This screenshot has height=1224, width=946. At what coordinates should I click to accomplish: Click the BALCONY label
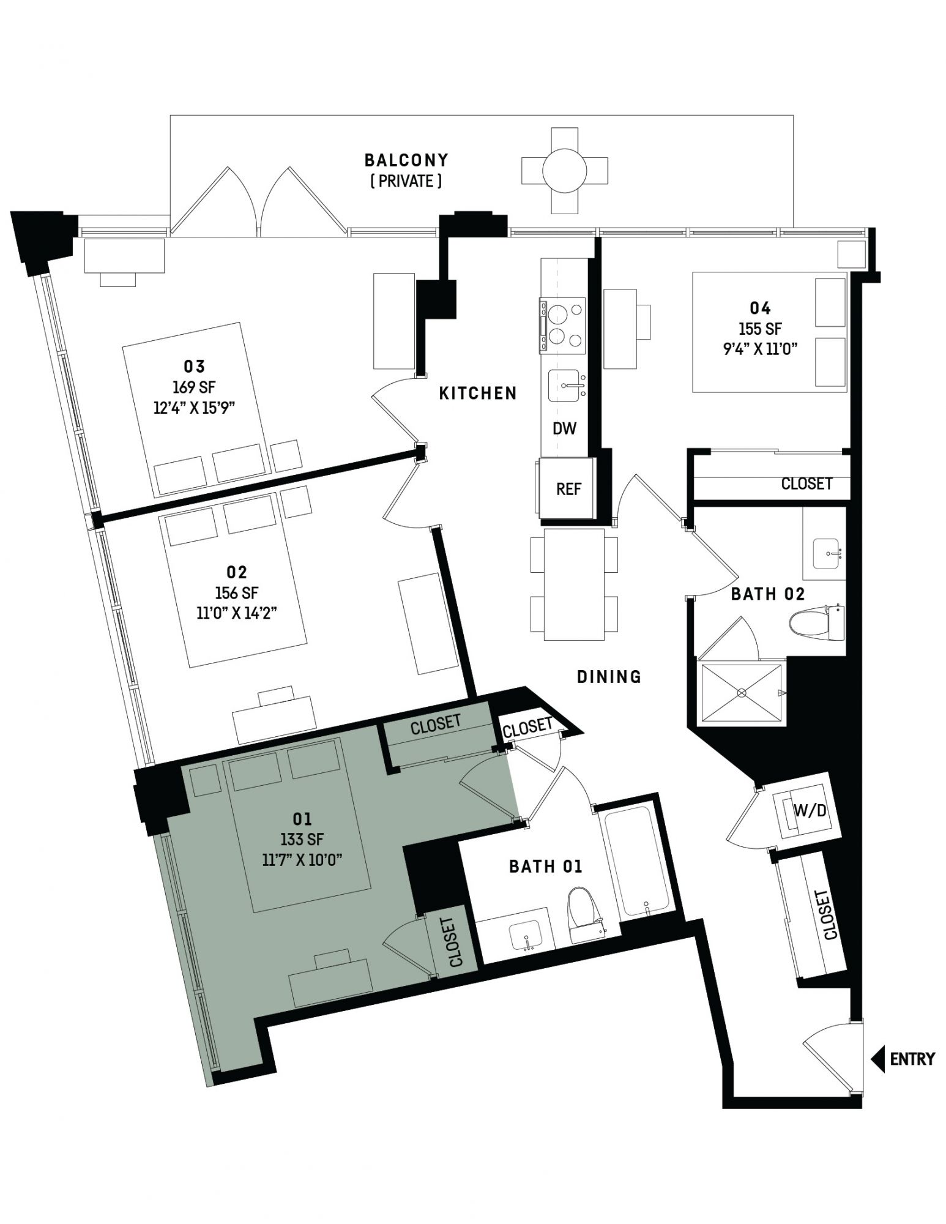pos(406,160)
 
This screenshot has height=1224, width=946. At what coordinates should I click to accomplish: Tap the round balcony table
pos(564,170)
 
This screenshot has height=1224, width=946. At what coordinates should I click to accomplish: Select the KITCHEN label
pos(478,393)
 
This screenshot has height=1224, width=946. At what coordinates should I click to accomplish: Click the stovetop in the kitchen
pos(562,325)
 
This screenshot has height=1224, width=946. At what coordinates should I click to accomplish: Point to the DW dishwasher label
pos(564,428)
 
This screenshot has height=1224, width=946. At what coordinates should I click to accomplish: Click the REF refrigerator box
pos(567,488)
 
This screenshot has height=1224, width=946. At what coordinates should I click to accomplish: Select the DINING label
pos(609,676)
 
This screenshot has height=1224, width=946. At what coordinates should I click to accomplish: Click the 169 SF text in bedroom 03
pos(194,387)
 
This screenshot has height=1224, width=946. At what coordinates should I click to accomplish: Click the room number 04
pos(760,308)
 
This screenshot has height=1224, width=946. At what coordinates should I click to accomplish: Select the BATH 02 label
pos(768,594)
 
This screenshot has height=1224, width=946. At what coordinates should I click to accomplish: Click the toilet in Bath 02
pos(816,623)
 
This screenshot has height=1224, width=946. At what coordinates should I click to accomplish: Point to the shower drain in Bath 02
pos(742,693)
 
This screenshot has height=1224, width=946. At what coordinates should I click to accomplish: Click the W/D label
pos(810,810)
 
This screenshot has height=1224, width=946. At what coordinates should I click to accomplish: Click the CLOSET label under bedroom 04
pos(806,483)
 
